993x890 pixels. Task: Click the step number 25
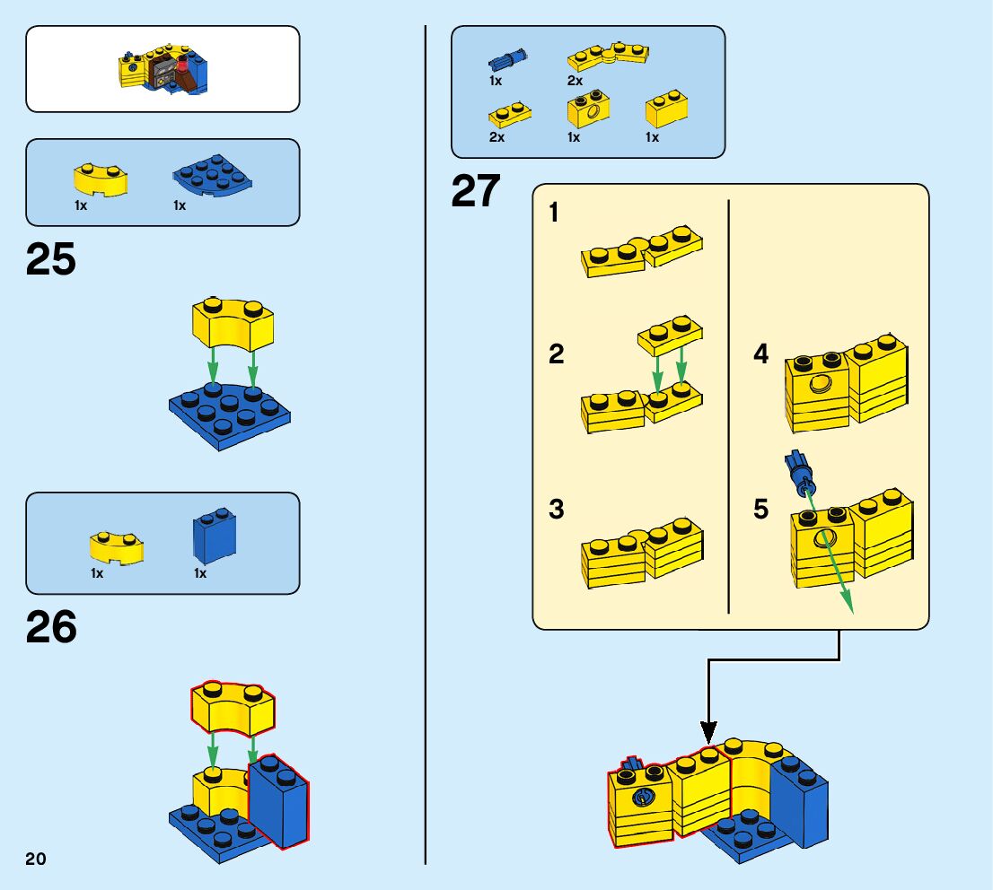pyautogui.click(x=51, y=260)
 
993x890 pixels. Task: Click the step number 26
pyautogui.click(x=51, y=627)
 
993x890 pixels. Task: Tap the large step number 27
pyautogui.click(x=476, y=192)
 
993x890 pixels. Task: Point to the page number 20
pyautogui.click(x=36, y=859)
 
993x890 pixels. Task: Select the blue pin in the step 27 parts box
pyautogui.click(x=505, y=61)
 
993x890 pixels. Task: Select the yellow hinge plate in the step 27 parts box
pyautogui.click(x=608, y=58)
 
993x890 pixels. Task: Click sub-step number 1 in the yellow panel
pyautogui.click(x=554, y=213)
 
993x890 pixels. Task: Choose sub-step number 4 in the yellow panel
pyautogui.click(x=761, y=354)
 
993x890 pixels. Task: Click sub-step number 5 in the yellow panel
pyautogui.click(x=761, y=510)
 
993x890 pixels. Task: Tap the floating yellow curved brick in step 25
pyautogui.click(x=233, y=325)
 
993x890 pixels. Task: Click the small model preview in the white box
pyautogui.click(x=163, y=70)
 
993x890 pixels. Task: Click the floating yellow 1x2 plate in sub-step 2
pyautogui.click(x=670, y=336)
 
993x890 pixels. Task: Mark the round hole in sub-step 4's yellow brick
pyautogui.click(x=819, y=386)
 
